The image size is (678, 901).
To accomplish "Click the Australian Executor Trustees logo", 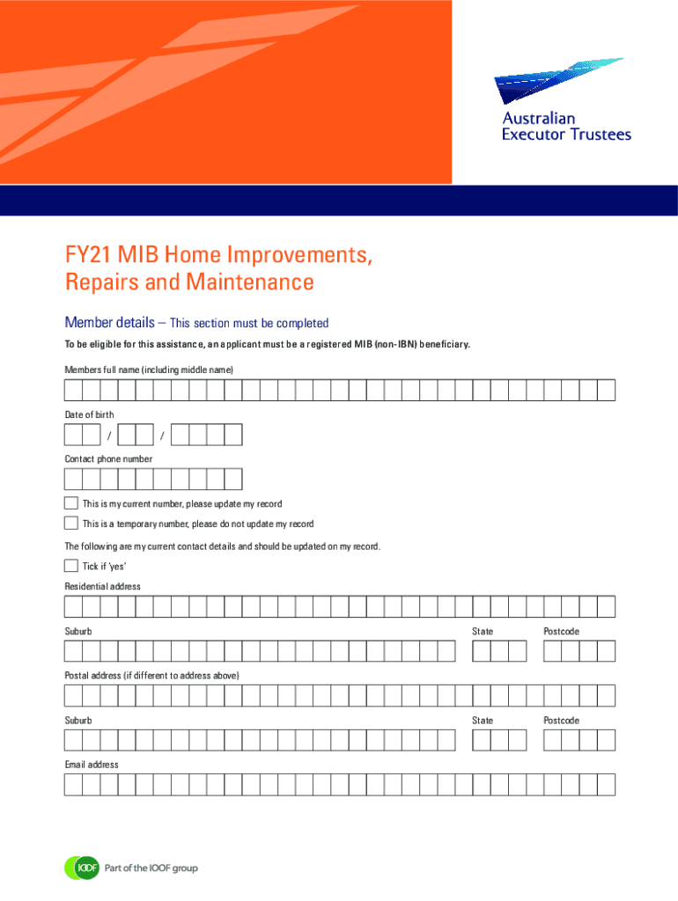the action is (x=563, y=100).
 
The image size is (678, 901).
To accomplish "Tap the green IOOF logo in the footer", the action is (x=82, y=868).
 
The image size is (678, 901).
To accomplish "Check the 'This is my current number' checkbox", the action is (x=71, y=503).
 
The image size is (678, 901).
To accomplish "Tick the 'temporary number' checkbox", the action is (x=71, y=523).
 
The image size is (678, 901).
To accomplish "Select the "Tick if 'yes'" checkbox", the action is (x=71, y=566).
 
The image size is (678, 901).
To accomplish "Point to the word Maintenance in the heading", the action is (x=250, y=282).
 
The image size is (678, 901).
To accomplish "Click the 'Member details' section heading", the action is (x=110, y=322).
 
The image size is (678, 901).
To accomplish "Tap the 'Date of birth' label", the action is (x=89, y=414).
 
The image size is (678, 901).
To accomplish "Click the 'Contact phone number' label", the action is (x=108, y=458).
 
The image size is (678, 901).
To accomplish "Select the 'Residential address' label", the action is (x=102, y=586).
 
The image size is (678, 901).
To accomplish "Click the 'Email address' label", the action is (x=92, y=765).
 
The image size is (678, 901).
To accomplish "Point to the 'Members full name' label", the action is (x=149, y=370).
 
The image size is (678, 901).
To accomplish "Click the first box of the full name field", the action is (x=74, y=390).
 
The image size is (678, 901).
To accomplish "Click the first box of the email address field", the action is (x=74, y=785).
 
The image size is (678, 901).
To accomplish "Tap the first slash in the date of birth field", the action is (x=109, y=436).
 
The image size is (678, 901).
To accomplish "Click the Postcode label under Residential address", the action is (x=561, y=631).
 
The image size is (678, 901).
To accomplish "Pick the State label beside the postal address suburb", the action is (x=483, y=720).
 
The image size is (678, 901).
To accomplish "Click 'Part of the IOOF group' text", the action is (x=151, y=868).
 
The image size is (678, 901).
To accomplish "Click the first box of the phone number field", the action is (x=74, y=480).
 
